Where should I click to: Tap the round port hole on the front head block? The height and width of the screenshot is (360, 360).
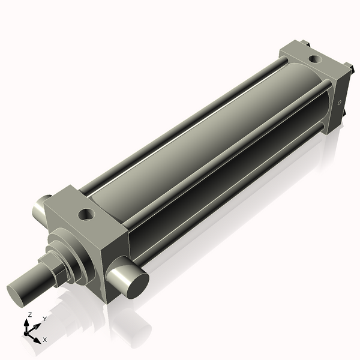click(x=86, y=214)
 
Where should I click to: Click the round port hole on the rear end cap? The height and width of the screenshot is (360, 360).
click(x=316, y=59)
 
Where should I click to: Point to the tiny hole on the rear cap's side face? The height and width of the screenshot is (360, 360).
click(x=340, y=103)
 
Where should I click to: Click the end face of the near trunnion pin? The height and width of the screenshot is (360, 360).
click(x=138, y=287)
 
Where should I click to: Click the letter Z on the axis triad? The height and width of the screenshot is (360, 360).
click(x=29, y=315)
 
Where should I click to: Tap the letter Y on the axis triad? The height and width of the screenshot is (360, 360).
click(x=45, y=319)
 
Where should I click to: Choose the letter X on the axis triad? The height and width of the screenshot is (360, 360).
click(x=45, y=340)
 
